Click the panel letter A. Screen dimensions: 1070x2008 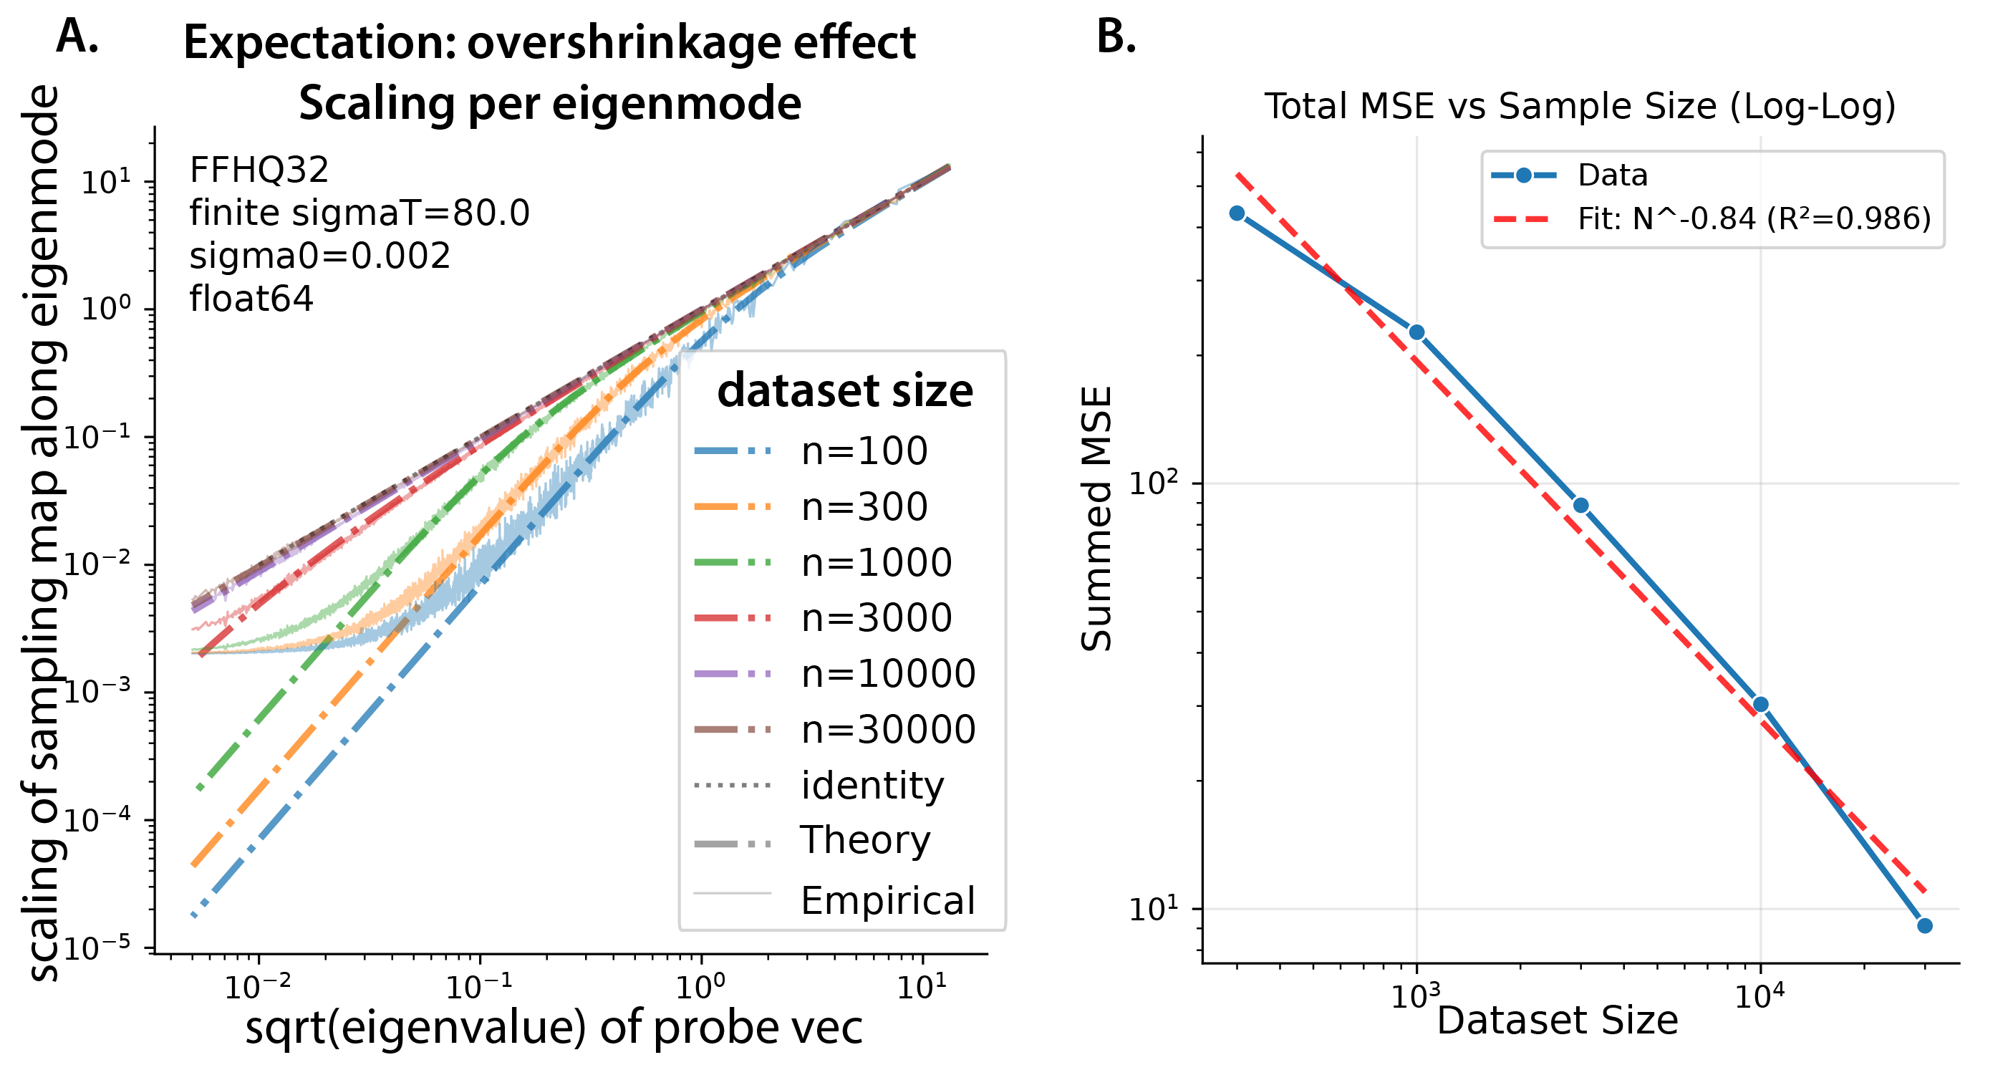coord(77,37)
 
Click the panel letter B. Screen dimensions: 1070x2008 coord(1116,37)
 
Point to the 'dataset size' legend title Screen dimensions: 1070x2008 coord(845,390)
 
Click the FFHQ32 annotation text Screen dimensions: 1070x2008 coord(259,170)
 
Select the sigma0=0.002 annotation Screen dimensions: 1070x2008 coord(319,256)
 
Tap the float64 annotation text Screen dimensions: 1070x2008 coord(251,299)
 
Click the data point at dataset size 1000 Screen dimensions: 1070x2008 coord(1416,333)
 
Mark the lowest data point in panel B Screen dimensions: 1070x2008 coord(1925,926)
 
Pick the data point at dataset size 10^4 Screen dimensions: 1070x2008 coord(1760,705)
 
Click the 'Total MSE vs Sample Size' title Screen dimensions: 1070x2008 coord(1579,106)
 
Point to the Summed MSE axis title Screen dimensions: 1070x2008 coord(1097,519)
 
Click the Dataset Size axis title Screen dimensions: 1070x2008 coord(1557,1020)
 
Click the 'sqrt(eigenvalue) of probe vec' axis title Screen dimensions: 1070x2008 coord(554,1027)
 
